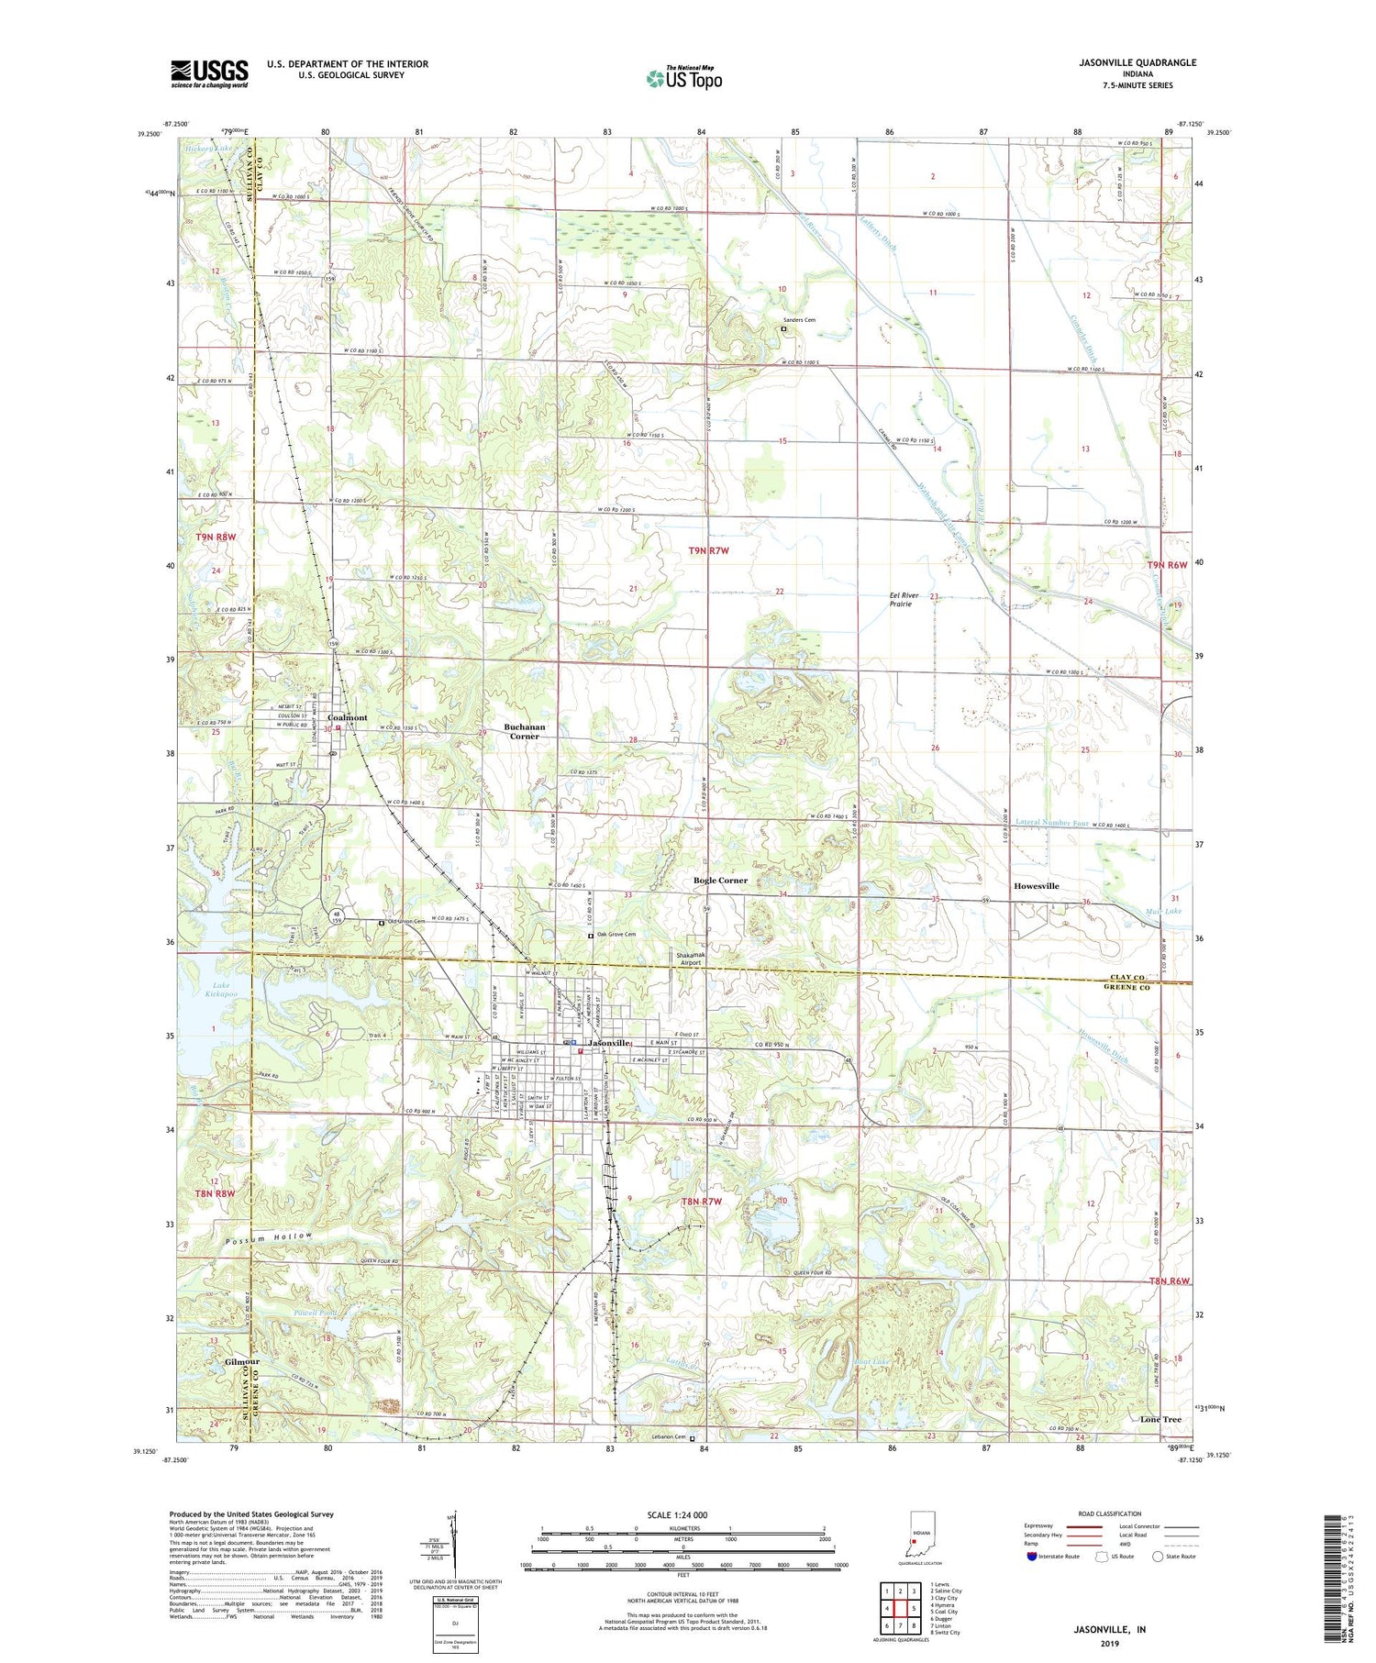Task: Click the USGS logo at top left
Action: click(209, 73)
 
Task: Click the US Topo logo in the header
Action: click(683, 78)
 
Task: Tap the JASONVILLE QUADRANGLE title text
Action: click(1126, 62)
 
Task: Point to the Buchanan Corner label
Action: click(525, 731)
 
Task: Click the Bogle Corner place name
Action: click(720, 880)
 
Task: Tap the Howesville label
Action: click(1037, 886)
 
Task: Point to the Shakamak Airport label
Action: click(690, 959)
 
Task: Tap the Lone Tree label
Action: click(1160, 1419)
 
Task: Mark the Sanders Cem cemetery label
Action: click(798, 320)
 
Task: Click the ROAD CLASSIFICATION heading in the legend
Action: click(1110, 1513)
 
